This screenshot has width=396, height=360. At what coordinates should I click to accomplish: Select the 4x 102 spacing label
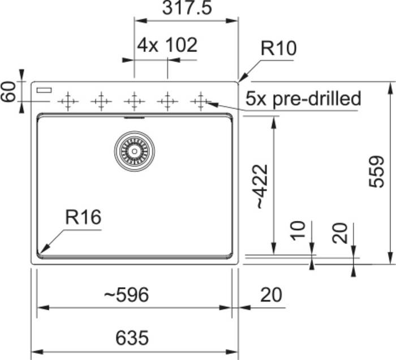tap(167, 45)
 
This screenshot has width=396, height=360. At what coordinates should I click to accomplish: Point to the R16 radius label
tap(83, 217)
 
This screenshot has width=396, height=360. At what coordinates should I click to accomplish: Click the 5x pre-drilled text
tap(303, 99)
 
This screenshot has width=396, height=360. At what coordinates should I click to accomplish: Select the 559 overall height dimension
tap(376, 172)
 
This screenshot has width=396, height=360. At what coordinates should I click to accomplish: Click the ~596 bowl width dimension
tap(126, 295)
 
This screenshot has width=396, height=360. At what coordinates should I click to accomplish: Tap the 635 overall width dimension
tap(132, 338)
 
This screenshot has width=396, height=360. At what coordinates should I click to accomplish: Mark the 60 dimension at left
tap(8, 92)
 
